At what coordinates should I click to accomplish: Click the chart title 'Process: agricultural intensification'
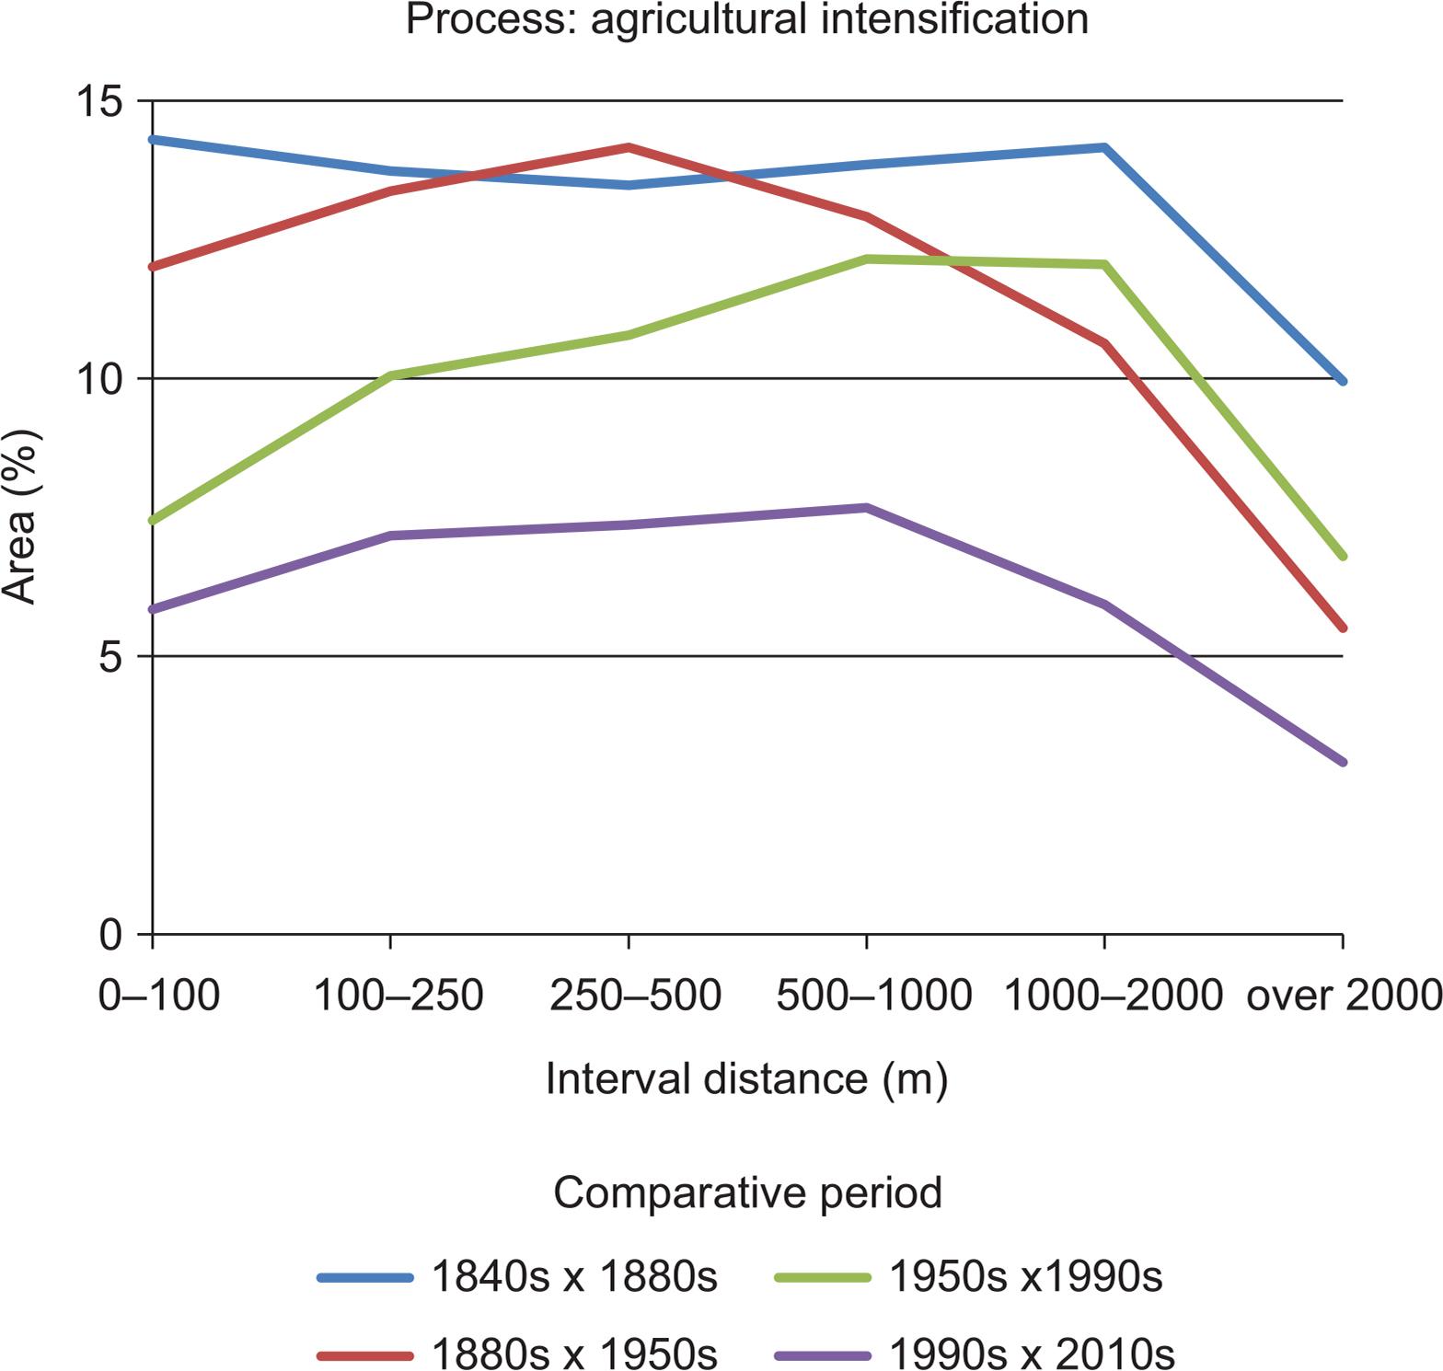point(746,18)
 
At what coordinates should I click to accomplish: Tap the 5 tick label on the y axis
point(111,658)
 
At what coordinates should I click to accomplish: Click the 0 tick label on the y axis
point(111,936)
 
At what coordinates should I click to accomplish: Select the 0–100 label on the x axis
point(159,996)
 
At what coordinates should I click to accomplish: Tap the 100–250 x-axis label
point(398,996)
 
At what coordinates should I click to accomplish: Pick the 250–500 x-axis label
point(635,996)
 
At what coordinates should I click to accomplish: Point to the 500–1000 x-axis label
point(873,996)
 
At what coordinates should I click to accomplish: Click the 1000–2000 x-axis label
point(1113,996)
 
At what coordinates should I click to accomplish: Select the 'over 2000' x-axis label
point(1344,996)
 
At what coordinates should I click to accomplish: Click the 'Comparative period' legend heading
point(747,1193)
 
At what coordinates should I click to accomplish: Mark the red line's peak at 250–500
point(629,147)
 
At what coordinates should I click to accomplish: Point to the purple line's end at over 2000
point(1343,762)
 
